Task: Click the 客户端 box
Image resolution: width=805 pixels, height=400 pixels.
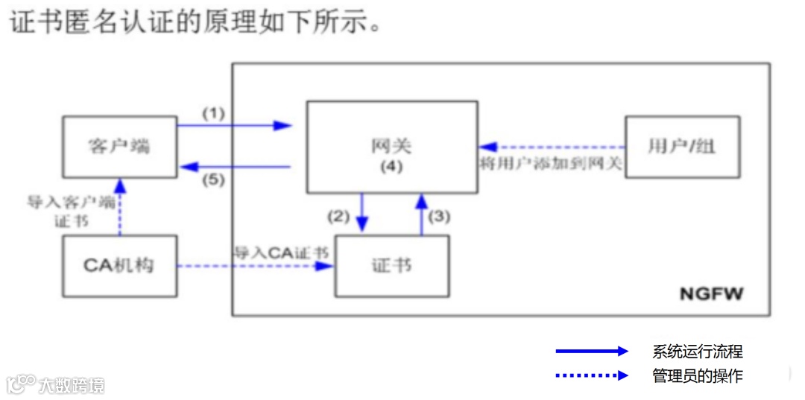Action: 119,146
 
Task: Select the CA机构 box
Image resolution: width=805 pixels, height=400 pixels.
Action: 119,265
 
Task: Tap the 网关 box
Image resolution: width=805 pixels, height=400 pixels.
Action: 392,146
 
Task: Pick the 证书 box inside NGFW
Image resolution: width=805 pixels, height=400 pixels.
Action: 392,266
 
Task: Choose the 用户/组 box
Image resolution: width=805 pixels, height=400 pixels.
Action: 682,146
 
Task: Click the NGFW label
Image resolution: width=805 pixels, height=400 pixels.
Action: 711,294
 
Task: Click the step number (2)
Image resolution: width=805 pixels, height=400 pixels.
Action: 338,217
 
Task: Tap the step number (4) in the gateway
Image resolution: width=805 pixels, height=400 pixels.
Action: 391,166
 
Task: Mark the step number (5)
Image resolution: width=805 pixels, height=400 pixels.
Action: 213,180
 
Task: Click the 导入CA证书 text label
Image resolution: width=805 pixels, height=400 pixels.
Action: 282,252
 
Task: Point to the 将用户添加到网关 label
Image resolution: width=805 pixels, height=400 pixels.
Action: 551,163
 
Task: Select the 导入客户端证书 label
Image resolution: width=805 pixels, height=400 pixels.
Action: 71,212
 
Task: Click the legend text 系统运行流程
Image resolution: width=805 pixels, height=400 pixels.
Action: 698,352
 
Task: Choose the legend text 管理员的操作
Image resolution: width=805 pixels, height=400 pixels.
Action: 698,375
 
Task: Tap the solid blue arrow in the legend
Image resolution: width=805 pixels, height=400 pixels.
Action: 592,352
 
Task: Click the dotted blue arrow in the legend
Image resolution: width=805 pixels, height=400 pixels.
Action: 592,375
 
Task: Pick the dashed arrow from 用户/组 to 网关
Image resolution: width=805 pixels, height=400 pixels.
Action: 551,147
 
